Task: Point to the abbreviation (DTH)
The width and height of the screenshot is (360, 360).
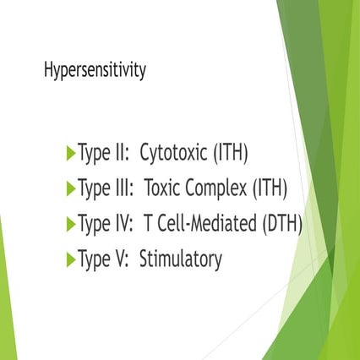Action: coord(281,224)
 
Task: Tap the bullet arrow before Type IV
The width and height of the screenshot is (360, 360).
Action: coord(70,224)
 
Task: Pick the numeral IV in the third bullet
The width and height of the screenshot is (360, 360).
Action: coord(122,224)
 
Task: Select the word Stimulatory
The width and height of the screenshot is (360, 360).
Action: coord(181,259)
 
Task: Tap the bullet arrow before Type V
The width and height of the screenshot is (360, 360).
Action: coord(70,259)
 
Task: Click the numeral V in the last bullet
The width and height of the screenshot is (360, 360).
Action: coord(119,259)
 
